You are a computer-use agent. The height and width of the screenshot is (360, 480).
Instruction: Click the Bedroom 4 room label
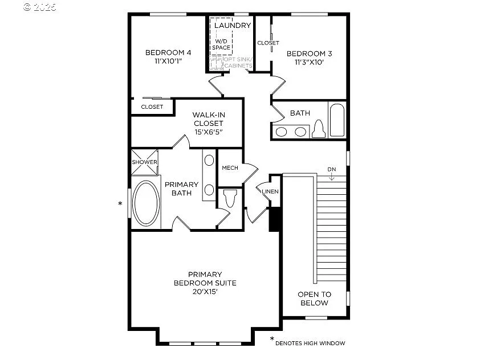(168, 53)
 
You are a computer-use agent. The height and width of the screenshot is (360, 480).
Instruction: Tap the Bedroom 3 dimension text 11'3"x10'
(310, 63)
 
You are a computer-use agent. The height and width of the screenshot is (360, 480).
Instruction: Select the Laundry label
(232, 26)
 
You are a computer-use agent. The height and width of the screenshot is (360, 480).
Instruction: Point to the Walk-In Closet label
(208, 123)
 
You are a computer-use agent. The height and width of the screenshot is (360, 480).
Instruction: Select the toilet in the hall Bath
(318, 129)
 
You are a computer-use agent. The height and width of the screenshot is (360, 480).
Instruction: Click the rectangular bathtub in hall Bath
(336, 120)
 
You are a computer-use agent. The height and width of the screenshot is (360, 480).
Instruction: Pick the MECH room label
(230, 167)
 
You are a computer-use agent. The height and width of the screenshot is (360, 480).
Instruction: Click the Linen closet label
(270, 191)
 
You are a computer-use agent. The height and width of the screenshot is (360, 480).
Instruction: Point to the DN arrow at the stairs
(332, 174)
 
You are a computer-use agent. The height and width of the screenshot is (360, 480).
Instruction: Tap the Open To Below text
(314, 298)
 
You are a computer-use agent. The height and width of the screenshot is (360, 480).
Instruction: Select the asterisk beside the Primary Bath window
(120, 203)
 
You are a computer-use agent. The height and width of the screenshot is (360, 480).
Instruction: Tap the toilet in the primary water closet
(230, 199)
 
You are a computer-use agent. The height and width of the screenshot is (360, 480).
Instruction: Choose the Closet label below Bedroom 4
(152, 107)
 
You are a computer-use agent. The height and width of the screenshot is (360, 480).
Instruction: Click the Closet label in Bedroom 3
(267, 43)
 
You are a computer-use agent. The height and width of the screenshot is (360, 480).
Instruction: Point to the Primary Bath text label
(181, 189)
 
